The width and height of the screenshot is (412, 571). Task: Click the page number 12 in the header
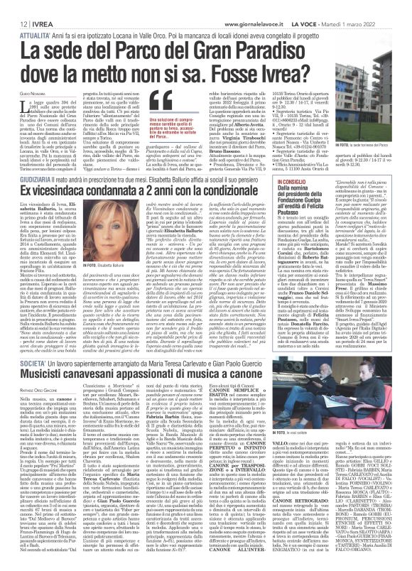click(x=14, y=6)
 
